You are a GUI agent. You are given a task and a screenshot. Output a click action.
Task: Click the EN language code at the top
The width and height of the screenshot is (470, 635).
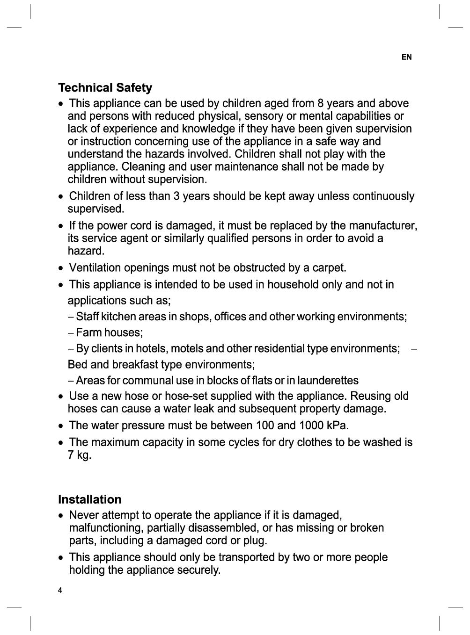tap(406, 57)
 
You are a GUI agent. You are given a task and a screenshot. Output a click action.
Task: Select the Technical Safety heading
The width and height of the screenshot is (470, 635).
tap(105, 88)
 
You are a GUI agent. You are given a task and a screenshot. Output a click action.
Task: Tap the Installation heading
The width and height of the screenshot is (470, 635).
tap(89, 499)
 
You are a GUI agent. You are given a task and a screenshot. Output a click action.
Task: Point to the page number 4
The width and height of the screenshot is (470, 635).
tap(60, 590)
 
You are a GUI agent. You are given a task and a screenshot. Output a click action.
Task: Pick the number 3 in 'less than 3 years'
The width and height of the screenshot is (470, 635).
tap(176, 196)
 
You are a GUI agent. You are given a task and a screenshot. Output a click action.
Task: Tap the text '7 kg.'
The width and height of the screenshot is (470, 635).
tap(80, 455)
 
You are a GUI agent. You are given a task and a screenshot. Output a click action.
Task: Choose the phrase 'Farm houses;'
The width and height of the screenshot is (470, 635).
tap(109, 332)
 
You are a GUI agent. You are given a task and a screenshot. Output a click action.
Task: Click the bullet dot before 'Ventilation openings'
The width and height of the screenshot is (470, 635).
tap(61, 268)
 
